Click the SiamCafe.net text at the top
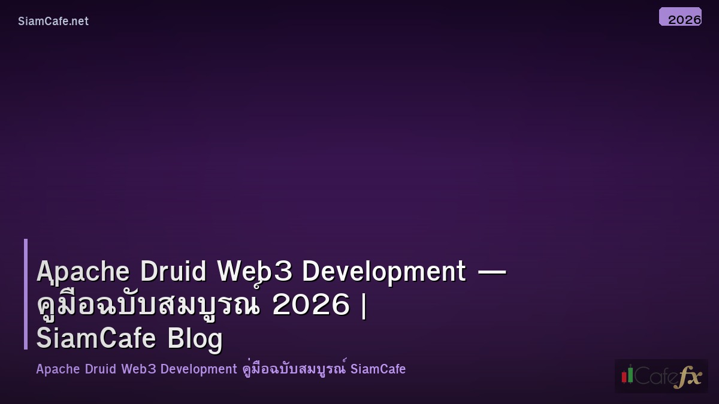pos(53,21)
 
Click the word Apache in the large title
pos(83,272)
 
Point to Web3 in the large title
pos(255,272)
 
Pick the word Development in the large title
pos(383,272)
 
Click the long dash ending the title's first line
pos(491,272)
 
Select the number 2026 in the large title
pos(310,305)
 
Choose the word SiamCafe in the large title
pos(96,338)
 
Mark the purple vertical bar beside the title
pos(26,294)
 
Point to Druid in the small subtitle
pos(101,369)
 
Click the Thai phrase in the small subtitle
pos(294,369)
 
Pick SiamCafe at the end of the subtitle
pos(378,369)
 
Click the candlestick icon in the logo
pos(627,375)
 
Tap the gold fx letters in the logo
pos(687,376)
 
